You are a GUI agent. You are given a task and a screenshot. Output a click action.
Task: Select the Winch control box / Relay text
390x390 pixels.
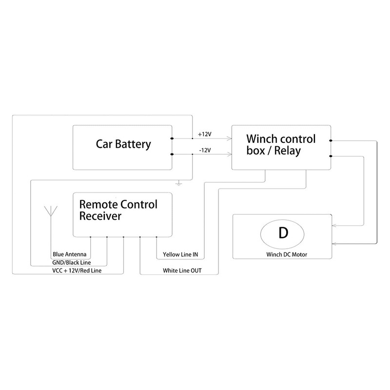click(x=281, y=145)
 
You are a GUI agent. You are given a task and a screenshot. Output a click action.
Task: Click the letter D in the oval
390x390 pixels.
click(x=282, y=234)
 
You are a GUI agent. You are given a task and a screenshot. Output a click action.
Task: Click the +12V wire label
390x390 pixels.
click(x=204, y=134)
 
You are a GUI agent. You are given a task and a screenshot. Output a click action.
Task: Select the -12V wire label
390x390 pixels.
click(x=204, y=150)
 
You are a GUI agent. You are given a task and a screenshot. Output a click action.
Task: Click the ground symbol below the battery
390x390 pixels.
click(x=180, y=184)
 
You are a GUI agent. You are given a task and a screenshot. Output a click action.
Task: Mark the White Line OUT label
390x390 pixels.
click(x=183, y=271)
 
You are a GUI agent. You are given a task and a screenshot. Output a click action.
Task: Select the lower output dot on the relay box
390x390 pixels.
click(x=331, y=156)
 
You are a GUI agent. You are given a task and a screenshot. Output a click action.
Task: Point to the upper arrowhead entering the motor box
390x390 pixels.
click(x=333, y=226)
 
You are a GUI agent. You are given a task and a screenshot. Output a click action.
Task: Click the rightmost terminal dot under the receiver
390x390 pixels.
click(x=156, y=237)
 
